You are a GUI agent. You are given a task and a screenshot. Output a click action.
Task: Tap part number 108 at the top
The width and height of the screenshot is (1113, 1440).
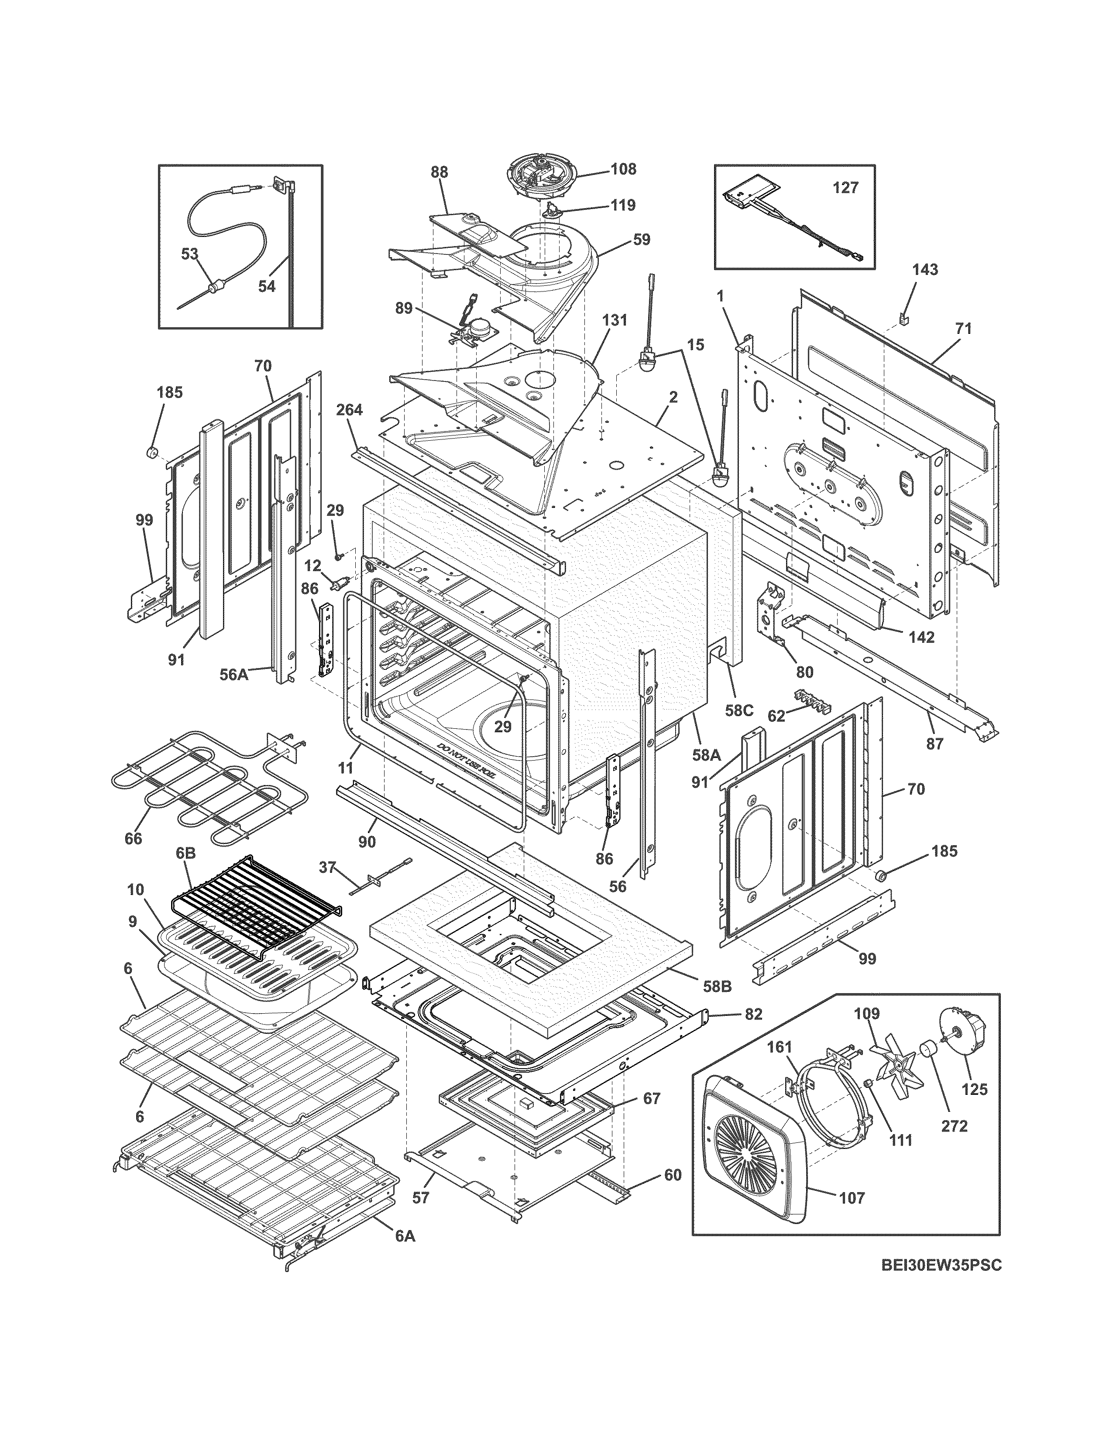[x=623, y=169]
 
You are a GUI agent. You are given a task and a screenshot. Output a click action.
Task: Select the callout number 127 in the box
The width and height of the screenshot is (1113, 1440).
[x=845, y=188]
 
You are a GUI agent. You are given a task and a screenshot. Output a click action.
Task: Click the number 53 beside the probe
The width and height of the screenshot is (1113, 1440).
[x=189, y=254]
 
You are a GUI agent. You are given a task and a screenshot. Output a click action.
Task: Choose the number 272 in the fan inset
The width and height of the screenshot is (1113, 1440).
[x=954, y=1126]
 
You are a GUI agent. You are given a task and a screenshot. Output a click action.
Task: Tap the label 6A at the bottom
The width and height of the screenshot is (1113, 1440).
[x=405, y=1237]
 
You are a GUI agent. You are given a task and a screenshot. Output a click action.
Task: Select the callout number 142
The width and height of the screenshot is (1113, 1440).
[x=921, y=637]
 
